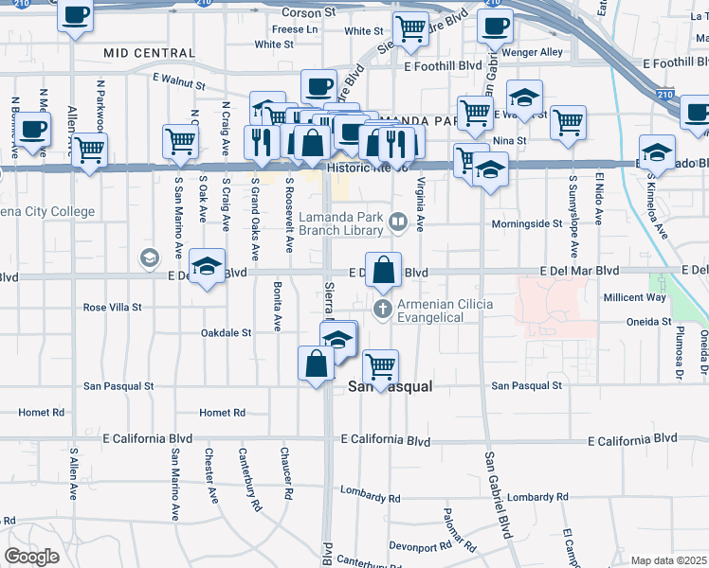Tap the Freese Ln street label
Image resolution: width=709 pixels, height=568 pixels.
(x=295, y=29)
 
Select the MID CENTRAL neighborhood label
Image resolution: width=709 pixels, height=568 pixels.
(x=149, y=53)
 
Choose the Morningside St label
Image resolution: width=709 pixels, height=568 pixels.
(x=527, y=224)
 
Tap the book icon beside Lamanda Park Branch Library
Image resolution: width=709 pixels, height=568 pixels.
(x=399, y=223)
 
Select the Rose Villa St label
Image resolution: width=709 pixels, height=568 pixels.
(x=112, y=308)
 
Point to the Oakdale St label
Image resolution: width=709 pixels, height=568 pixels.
(x=226, y=333)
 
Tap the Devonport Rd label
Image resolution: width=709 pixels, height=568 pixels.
(x=420, y=547)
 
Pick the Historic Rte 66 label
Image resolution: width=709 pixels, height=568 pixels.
(x=367, y=168)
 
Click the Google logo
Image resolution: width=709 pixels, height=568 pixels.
(x=31, y=557)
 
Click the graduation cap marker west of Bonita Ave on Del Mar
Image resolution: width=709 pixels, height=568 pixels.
(x=206, y=267)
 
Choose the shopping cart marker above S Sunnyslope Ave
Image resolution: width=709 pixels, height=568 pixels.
(x=568, y=122)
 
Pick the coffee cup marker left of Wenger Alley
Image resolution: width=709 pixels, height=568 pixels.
(x=494, y=27)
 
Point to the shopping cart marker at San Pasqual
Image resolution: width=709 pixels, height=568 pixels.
(x=380, y=367)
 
